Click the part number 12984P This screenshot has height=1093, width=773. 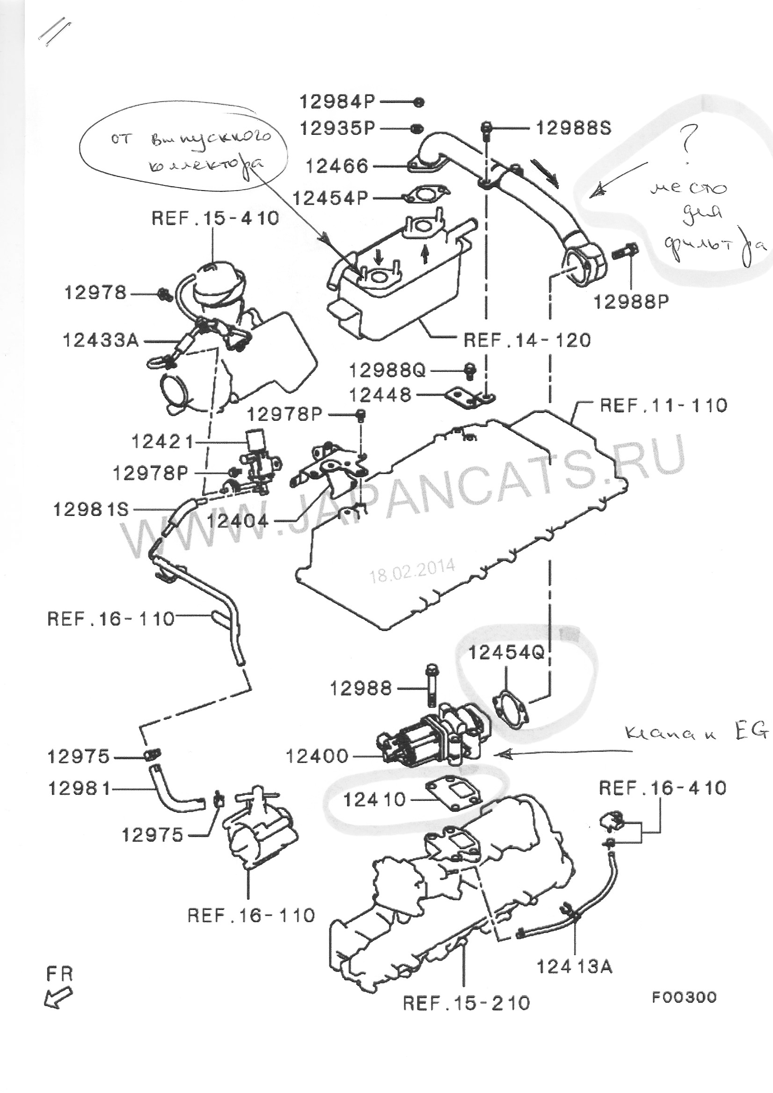tap(337, 102)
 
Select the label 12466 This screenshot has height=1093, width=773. tap(337, 166)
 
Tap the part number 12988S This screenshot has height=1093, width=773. tap(574, 128)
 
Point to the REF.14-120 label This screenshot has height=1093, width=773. tap(527, 340)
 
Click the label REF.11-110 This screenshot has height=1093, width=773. tap(664, 405)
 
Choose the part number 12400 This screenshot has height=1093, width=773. tap(317, 756)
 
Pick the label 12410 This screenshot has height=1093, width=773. tap(374, 800)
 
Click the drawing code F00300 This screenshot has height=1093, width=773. tap(684, 997)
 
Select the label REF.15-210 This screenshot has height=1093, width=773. tap(466, 1003)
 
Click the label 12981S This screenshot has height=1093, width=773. tap(91, 510)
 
